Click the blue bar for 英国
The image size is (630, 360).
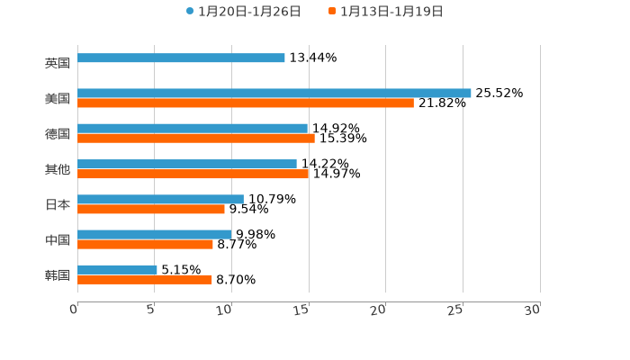[x=181, y=58]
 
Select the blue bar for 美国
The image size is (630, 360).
[x=274, y=93]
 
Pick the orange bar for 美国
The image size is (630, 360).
[x=246, y=103]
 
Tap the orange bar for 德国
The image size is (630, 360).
[x=196, y=139]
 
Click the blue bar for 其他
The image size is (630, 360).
[x=187, y=164]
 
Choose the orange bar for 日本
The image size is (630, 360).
[x=151, y=209]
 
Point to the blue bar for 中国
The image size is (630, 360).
[x=155, y=234]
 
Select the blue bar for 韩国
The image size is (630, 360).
[x=117, y=269]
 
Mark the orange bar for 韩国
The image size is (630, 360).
[x=145, y=280]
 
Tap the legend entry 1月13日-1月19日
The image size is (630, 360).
[x=391, y=12]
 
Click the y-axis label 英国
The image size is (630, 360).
[x=58, y=64]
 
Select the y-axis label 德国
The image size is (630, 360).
[x=58, y=134]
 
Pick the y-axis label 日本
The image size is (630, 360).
[x=58, y=204]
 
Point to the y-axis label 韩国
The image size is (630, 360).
[x=58, y=274]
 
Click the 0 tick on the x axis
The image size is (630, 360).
[x=75, y=310]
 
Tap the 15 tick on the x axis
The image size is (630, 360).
[x=302, y=310]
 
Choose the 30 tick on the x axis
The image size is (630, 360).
[x=533, y=310]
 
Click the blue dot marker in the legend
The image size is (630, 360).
[x=190, y=12]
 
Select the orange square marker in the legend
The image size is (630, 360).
[x=332, y=12]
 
